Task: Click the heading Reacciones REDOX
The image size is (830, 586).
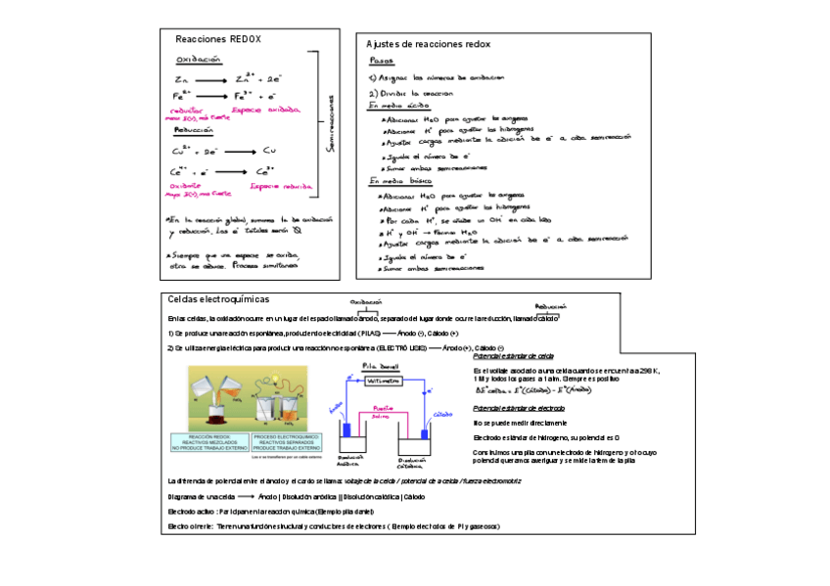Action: click(x=217, y=39)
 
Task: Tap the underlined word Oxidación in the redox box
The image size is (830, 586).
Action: click(x=199, y=60)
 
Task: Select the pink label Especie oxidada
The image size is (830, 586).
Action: click(x=273, y=111)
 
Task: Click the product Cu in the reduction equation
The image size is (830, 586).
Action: click(x=270, y=151)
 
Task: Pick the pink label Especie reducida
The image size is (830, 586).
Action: click(x=281, y=186)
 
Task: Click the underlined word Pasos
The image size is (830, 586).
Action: click(x=382, y=61)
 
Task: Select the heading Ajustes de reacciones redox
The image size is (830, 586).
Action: click(x=428, y=44)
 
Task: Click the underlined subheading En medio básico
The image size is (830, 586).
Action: click(x=401, y=181)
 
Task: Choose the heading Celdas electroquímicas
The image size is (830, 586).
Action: click(x=218, y=298)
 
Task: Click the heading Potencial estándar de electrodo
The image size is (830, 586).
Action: click(x=518, y=407)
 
